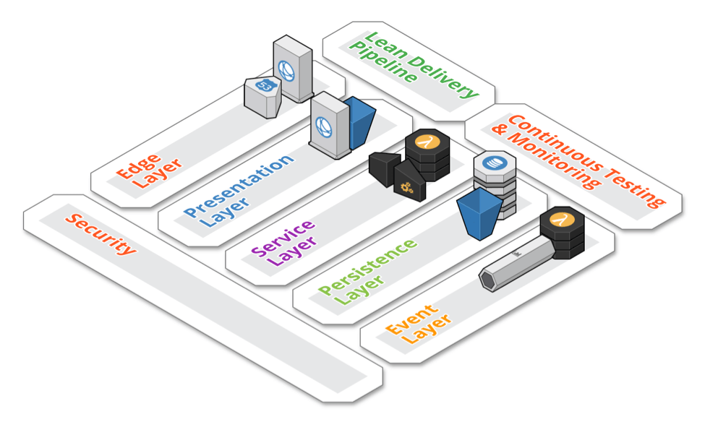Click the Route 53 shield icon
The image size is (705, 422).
(263, 85)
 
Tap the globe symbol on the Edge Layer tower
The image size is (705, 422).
(286, 71)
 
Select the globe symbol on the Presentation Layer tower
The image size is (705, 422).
(324, 127)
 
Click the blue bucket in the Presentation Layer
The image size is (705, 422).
(359, 122)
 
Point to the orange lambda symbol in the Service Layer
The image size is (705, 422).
(427, 141)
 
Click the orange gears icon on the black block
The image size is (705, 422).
(406, 187)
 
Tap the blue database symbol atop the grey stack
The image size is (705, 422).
(495, 163)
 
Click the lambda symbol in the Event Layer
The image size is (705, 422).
(562, 220)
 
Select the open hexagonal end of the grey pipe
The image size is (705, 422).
(487, 280)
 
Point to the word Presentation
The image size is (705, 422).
(239, 186)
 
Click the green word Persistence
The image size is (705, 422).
(368, 267)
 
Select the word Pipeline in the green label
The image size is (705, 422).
(383, 62)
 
